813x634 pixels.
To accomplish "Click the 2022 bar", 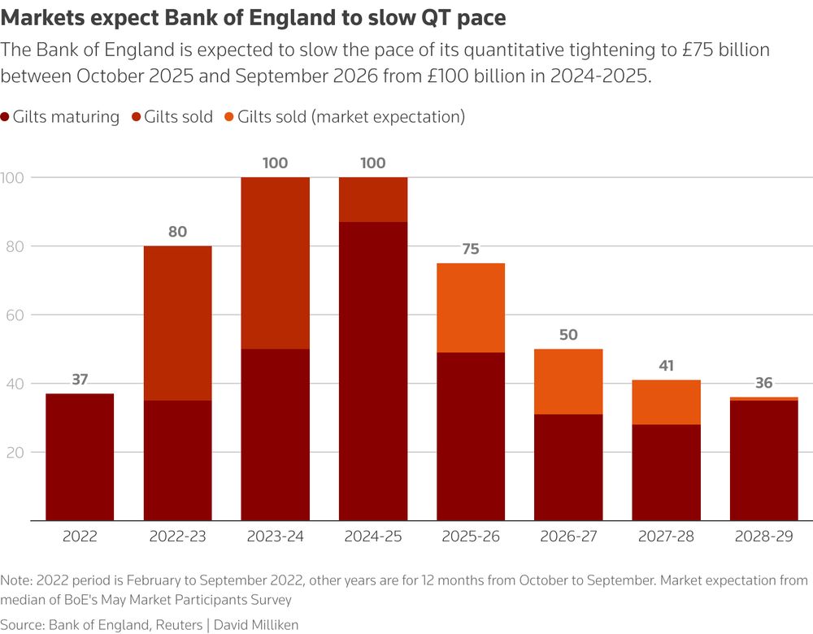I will pos(80,457).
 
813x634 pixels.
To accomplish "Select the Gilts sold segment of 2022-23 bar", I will pos(177,323).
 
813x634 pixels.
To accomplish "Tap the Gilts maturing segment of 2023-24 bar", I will pos(275,435).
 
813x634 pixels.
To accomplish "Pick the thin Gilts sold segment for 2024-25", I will pos(373,199).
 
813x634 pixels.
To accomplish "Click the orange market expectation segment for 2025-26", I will pos(471,307).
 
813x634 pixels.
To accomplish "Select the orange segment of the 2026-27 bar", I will pos(568,382).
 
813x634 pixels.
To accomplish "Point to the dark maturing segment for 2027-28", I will pos(666,471).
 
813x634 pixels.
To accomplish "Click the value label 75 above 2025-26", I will pos(471,250).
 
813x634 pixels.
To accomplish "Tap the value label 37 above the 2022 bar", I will pos(80,380).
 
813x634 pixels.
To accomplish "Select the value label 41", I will pos(666,366).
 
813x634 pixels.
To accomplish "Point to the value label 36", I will pos(763,383).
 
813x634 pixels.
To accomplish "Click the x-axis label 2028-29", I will pos(763,537).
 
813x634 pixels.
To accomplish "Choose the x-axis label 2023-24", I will pos(275,537).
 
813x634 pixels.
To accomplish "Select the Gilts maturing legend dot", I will pos(6,117).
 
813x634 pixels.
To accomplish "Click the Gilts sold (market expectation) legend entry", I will pos(350,117).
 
